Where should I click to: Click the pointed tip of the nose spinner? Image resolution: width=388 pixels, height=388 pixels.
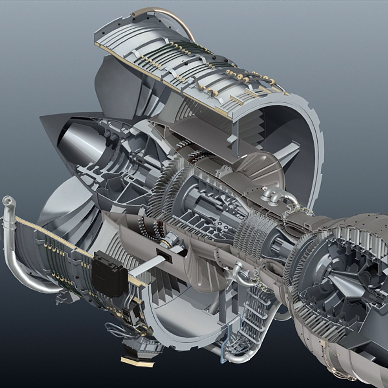[x=42, y=118]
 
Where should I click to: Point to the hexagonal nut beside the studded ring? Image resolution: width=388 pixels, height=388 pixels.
[x=172, y=239]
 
